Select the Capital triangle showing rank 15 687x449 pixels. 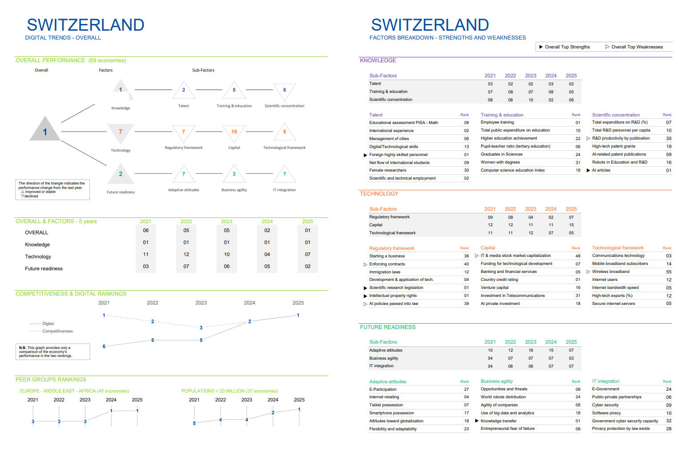pyautogui.click(x=234, y=132)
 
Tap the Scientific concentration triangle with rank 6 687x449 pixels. pyautogui.click(x=285, y=90)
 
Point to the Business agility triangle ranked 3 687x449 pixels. pyautogui.click(x=234, y=174)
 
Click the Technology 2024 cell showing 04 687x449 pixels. pyautogui.click(x=267, y=254)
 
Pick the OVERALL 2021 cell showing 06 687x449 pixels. pyautogui.click(x=145, y=230)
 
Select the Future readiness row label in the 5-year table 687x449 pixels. pyautogui.click(x=44, y=269)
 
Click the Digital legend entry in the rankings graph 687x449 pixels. pyautogui.click(x=48, y=324)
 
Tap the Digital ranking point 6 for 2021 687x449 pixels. pyautogui.click(x=104, y=346)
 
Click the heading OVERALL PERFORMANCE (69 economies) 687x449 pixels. pyautogui.click(x=71, y=60)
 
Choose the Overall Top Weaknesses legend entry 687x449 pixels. pyautogui.click(x=636, y=47)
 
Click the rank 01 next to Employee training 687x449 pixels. pyautogui.click(x=578, y=123)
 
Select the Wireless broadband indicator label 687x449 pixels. pyautogui.click(x=611, y=272)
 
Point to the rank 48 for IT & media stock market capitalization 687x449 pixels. pyautogui.click(x=578, y=256)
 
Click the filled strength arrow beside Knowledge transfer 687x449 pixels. pyautogui.click(x=477, y=421)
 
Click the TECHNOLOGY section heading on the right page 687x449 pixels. pyautogui.click(x=379, y=194)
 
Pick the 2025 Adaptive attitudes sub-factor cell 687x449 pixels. pyautogui.click(x=571, y=350)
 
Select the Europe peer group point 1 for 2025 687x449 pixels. pyautogui.click(x=137, y=411)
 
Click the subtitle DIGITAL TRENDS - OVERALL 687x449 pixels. pyautogui.click(x=63, y=38)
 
